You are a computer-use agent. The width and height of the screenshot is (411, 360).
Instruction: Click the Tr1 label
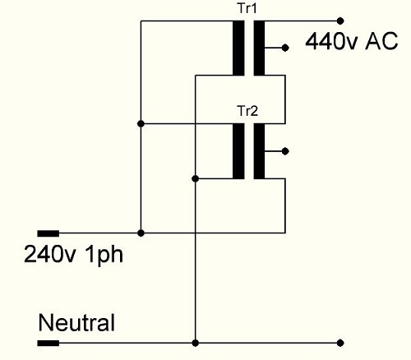tap(247, 8)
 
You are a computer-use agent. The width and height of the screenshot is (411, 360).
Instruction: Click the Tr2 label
tap(248, 111)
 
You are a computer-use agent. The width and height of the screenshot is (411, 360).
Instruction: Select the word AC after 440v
tap(381, 41)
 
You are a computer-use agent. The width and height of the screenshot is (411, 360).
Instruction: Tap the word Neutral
tap(76, 322)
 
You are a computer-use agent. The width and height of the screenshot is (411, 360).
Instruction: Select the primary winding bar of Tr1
tap(238, 48)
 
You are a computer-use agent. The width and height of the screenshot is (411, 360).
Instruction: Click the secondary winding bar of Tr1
tap(259, 48)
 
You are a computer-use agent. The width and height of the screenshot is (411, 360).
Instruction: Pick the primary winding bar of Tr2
tap(238, 151)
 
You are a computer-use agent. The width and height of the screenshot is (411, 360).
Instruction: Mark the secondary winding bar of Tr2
tap(259, 151)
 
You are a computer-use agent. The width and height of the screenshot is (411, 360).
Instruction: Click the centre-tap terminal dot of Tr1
tap(285, 48)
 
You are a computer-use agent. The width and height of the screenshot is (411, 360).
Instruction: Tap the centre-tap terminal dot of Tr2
tap(285, 151)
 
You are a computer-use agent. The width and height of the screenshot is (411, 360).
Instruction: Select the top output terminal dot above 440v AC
tap(340, 21)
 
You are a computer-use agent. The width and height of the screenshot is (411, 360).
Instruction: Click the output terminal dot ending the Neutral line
tap(340, 343)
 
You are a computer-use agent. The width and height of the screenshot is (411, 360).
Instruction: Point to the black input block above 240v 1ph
tap(48, 233)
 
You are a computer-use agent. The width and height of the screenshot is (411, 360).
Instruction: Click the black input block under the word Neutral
tap(48, 343)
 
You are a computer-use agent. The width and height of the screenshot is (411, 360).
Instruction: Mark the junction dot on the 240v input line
tap(141, 233)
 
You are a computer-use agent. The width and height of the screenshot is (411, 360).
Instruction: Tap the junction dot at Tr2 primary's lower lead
tap(196, 179)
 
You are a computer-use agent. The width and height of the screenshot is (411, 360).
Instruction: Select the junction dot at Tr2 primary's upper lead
tap(141, 124)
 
